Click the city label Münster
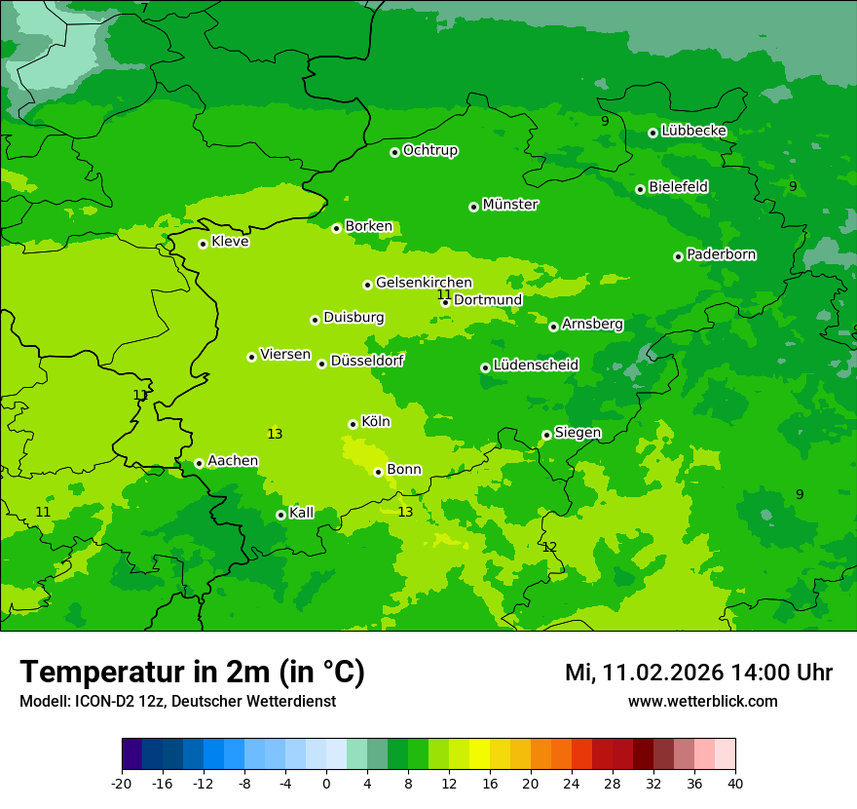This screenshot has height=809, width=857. coord(510,205)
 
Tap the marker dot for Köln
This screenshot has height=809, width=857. coord(353,424)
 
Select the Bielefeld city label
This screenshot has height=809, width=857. coord(678,187)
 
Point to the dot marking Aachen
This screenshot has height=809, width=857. coord(199,463)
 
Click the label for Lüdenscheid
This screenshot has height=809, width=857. coord(536,366)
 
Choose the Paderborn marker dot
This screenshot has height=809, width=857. coord(678,256)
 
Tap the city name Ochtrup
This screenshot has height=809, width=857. coord(430,150)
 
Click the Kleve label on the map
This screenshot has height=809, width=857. coord(230,242)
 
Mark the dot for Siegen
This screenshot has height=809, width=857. coord(546,435)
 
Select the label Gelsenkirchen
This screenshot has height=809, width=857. coord(424,283)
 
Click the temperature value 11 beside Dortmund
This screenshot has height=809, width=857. coord(444,294)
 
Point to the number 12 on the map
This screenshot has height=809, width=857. coord(549,547)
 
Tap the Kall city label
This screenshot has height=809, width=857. coord(302,513)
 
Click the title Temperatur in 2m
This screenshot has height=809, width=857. coord(192,672)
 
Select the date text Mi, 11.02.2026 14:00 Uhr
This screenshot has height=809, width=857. coord(698,673)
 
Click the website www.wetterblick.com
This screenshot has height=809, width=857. coord(702,702)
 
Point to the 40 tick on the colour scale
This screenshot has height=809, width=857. coord(735,783)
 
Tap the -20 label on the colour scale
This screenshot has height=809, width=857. coord(122,783)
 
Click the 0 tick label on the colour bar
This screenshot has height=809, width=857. coord(326,783)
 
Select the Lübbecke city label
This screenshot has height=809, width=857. coord(693,131)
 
